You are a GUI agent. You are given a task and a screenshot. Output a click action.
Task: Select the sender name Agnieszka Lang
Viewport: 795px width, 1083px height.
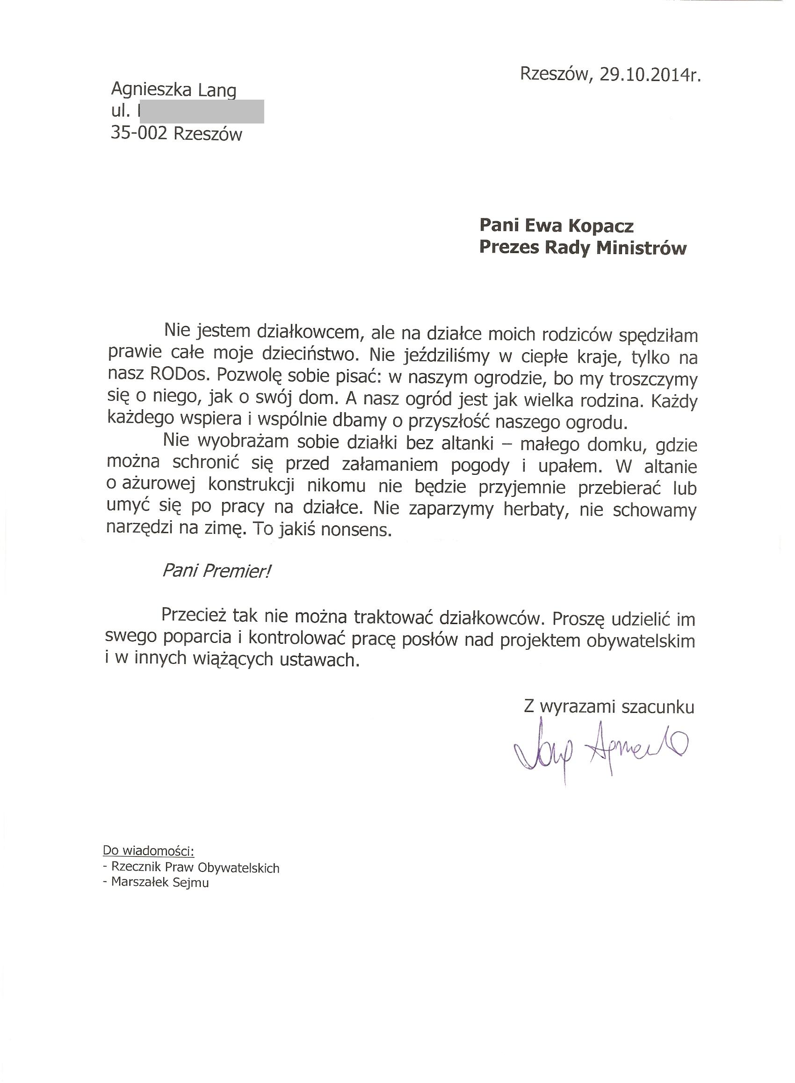[173, 90]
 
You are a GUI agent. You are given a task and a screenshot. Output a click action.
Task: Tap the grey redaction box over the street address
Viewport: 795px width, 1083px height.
[202, 112]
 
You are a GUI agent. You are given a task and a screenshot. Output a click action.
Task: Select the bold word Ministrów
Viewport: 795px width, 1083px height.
[642, 248]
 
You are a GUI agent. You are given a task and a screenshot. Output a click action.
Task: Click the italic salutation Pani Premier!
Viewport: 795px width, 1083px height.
[217, 571]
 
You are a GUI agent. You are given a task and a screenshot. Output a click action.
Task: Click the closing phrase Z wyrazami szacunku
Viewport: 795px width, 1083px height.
[609, 706]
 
